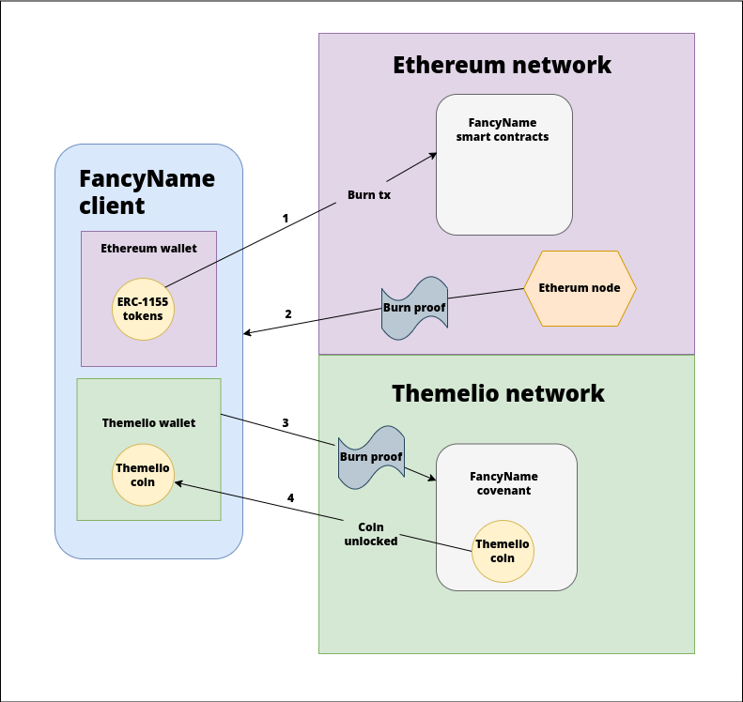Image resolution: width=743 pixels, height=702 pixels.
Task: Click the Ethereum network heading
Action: [x=502, y=65]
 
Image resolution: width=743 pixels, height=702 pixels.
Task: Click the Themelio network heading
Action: [x=498, y=393]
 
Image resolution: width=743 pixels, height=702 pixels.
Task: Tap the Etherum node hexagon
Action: [x=580, y=288]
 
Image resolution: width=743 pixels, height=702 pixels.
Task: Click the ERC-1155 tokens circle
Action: [x=143, y=309]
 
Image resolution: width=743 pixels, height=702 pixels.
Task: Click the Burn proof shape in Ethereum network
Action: [x=414, y=307]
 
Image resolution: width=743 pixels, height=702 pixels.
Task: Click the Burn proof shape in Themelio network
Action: [x=371, y=457]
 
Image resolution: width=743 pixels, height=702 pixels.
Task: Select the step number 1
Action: [x=286, y=218]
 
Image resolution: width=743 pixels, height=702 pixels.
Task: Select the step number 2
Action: [x=288, y=313]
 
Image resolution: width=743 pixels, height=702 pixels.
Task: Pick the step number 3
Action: [x=286, y=423]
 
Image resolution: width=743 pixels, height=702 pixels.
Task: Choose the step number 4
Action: [x=290, y=497]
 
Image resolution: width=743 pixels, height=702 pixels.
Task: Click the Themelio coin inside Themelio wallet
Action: [x=143, y=475]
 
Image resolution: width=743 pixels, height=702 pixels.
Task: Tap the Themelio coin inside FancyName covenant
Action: [x=503, y=551]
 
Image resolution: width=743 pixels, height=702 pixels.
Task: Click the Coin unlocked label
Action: [x=371, y=534]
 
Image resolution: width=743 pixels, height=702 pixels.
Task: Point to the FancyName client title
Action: [x=147, y=191]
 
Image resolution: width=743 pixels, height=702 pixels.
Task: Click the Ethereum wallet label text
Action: [x=148, y=249]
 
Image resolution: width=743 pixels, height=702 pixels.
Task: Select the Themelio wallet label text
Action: [x=148, y=423]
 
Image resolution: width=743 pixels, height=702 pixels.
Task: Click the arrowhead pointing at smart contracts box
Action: [x=433, y=156]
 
